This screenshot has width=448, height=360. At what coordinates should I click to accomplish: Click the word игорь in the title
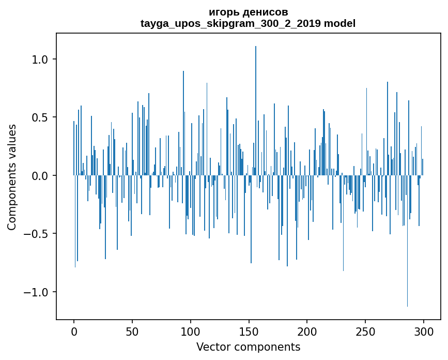coord(222,12)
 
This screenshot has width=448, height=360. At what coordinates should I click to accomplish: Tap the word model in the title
coord(340,23)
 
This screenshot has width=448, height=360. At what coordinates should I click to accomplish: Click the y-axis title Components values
coord(12,177)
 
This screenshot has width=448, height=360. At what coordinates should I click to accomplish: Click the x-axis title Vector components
coord(248,347)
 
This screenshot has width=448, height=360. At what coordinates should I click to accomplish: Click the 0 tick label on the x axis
coord(74,332)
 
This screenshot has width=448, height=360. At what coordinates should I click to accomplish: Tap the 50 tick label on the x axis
coord(132,332)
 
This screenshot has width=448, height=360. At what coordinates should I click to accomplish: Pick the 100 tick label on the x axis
coord(191,332)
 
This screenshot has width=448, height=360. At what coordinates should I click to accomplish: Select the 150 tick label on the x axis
coord(249,332)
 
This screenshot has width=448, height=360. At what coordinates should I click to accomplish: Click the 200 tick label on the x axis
coord(307,332)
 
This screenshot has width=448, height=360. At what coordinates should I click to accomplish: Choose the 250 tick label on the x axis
coord(365,332)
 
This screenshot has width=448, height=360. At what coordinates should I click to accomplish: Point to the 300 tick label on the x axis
coord(424,332)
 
